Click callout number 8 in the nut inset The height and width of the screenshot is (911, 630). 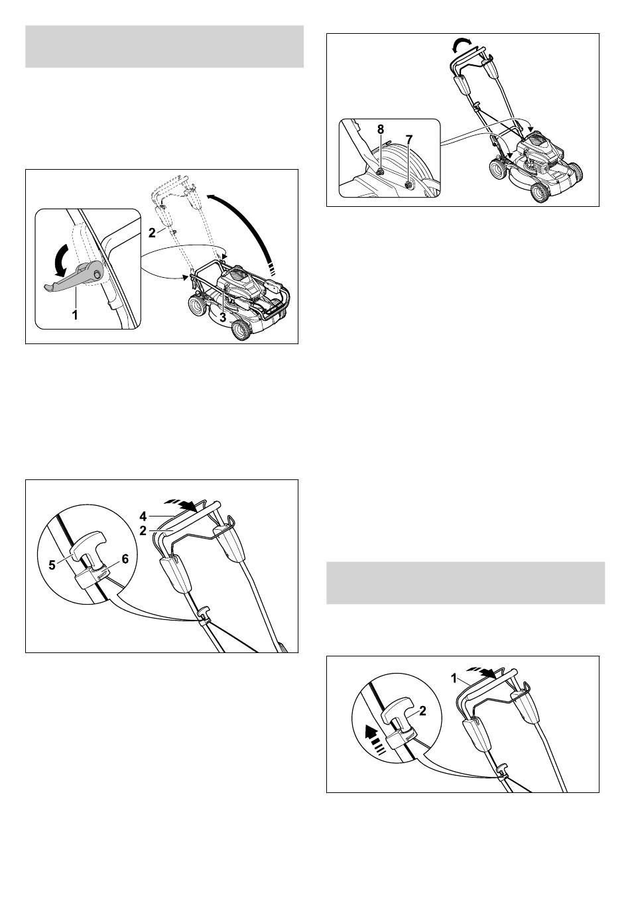[380, 129]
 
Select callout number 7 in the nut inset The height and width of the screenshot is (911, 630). [409, 139]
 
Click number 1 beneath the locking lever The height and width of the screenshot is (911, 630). [75, 314]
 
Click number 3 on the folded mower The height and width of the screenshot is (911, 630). [223, 317]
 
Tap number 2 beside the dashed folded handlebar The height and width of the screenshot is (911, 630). [152, 233]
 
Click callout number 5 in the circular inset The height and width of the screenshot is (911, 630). [52, 566]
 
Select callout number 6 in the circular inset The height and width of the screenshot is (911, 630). [125, 559]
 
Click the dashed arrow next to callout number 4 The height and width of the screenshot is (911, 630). [180, 505]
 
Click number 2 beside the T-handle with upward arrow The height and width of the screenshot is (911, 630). [423, 711]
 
